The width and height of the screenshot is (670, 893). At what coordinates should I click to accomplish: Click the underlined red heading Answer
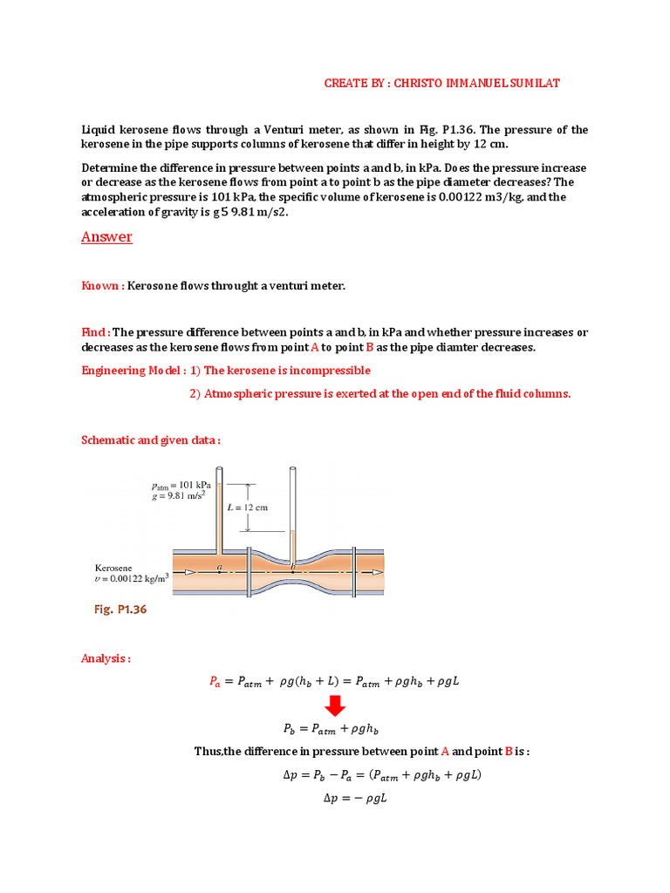(106, 237)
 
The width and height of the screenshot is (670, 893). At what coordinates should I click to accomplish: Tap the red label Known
(101, 286)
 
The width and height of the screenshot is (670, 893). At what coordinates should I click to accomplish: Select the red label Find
(94, 332)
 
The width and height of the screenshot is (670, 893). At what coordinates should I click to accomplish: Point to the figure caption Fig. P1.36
(120, 610)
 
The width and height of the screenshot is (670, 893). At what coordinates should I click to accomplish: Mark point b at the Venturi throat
(293, 568)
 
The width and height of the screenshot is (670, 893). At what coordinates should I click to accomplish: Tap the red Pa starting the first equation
(216, 682)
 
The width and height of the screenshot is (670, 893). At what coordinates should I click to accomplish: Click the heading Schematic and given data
(151, 440)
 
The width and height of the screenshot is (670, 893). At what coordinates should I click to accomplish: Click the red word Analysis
(105, 658)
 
